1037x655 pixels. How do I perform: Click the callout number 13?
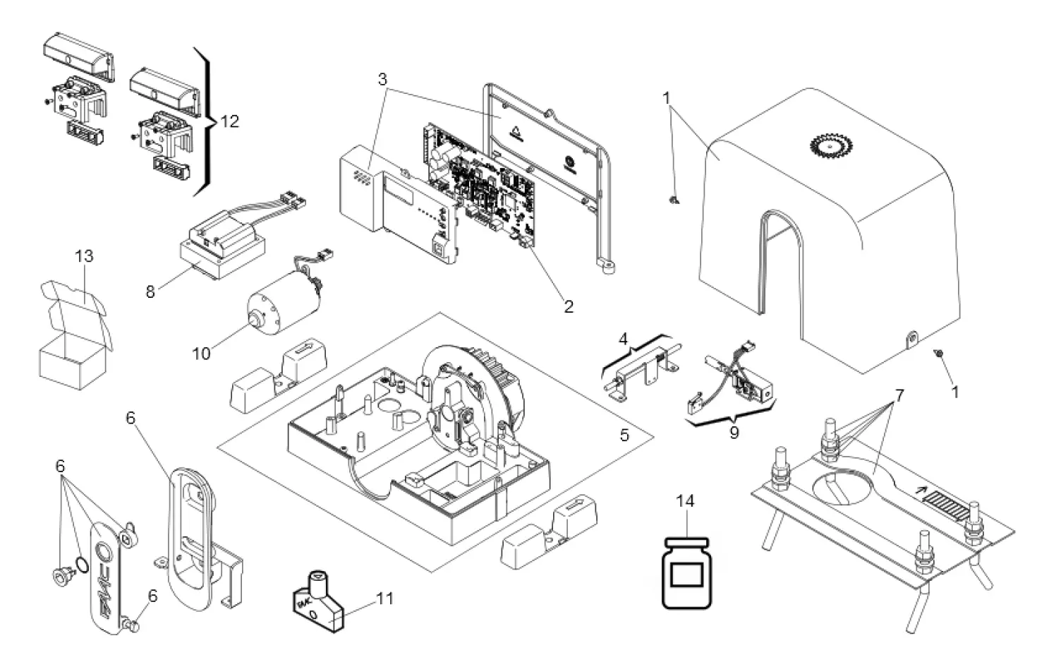click(84, 256)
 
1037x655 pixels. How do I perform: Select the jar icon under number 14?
click(687, 572)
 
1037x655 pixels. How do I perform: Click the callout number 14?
click(685, 501)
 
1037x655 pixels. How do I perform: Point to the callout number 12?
click(229, 121)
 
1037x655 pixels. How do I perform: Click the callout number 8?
click(150, 292)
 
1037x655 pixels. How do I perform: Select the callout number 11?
click(384, 599)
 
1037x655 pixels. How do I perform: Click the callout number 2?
click(569, 306)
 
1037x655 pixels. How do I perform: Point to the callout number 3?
click(382, 79)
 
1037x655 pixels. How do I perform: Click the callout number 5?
click(624, 435)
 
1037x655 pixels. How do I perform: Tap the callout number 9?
click(734, 432)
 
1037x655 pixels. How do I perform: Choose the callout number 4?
click(623, 339)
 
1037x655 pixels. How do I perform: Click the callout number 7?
click(899, 395)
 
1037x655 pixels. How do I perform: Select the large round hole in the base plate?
click(845, 488)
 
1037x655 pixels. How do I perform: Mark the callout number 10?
click(202, 352)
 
